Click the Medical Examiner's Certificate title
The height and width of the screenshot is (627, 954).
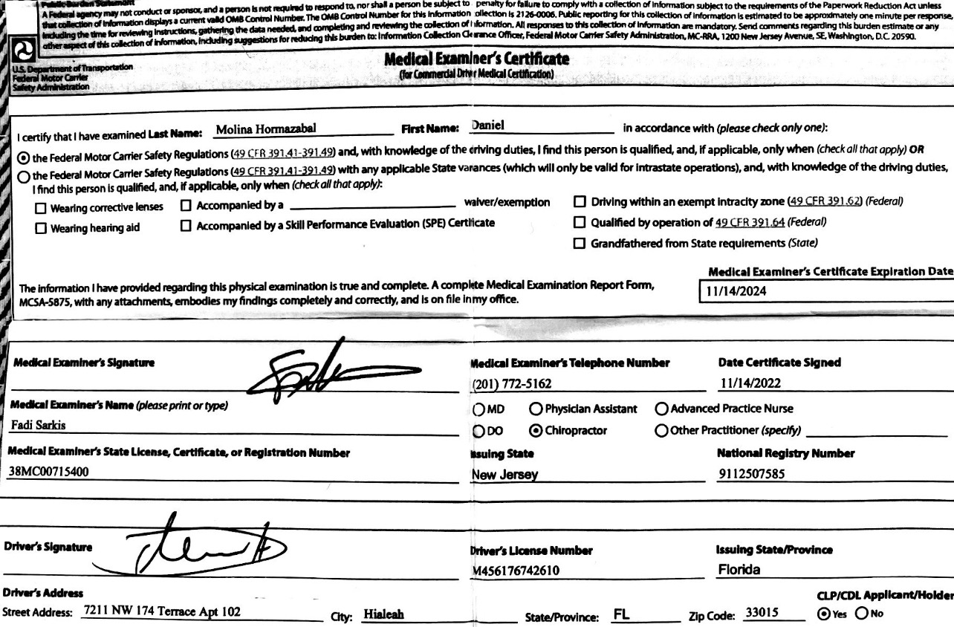click(x=476, y=59)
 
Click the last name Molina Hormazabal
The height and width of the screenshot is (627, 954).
click(x=266, y=129)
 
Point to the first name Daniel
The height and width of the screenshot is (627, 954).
click(x=488, y=126)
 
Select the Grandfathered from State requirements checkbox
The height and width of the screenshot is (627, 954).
click(x=580, y=243)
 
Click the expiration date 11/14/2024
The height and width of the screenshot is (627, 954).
click(x=736, y=292)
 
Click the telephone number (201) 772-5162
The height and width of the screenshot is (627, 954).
click(x=512, y=384)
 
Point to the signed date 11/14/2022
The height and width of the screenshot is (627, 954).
click(x=750, y=383)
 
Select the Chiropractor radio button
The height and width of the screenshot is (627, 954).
click(x=535, y=431)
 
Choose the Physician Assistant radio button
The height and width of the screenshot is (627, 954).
click(x=535, y=409)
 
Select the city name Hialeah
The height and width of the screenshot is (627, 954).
click(x=383, y=614)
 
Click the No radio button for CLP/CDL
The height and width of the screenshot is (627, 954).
click(x=862, y=614)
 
